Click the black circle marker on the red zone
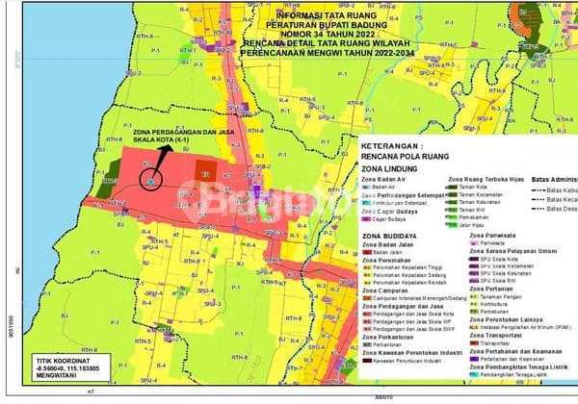click(148, 176)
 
